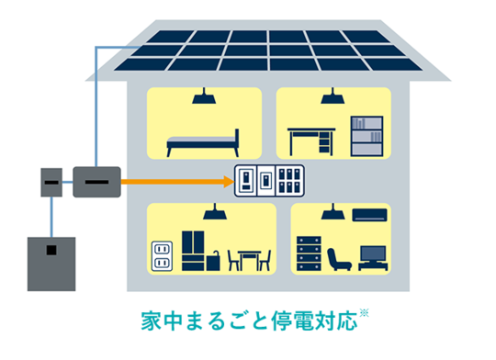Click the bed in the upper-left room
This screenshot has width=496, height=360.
(202, 142)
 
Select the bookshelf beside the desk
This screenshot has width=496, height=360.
(365, 134)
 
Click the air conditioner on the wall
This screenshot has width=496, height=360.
(369, 215)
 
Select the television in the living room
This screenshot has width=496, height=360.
(373, 256)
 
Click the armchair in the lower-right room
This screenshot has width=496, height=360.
(339, 258)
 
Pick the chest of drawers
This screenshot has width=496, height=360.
(309, 253)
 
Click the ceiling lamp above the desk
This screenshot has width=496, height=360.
(328, 96)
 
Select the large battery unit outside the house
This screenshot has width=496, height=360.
(51, 263)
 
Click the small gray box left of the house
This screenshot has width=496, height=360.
(52, 183)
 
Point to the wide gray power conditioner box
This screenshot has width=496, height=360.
(96, 182)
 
